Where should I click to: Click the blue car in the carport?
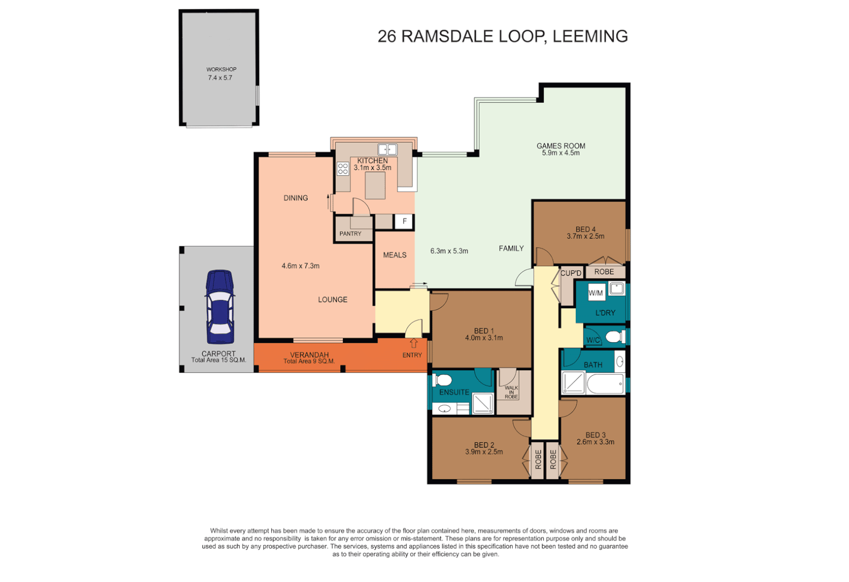point(219,307)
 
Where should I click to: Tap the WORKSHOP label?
point(221,69)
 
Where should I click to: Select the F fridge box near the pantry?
point(404,221)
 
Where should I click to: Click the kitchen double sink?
point(387,149)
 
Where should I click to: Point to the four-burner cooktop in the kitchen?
point(343,169)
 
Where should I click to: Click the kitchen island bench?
point(375,186)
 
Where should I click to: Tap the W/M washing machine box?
point(596,293)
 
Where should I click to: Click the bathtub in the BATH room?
point(604,384)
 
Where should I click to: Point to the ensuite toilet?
point(443,379)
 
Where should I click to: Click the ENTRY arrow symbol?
point(413,343)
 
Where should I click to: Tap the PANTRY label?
point(350,233)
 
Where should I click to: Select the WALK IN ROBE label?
point(511,392)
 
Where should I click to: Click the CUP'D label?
point(571,273)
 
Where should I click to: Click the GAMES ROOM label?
point(561,145)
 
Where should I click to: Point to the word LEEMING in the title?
point(590,36)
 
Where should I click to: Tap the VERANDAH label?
point(309,355)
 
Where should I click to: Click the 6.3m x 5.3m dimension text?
point(449,251)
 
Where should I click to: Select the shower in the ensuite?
point(482,403)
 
